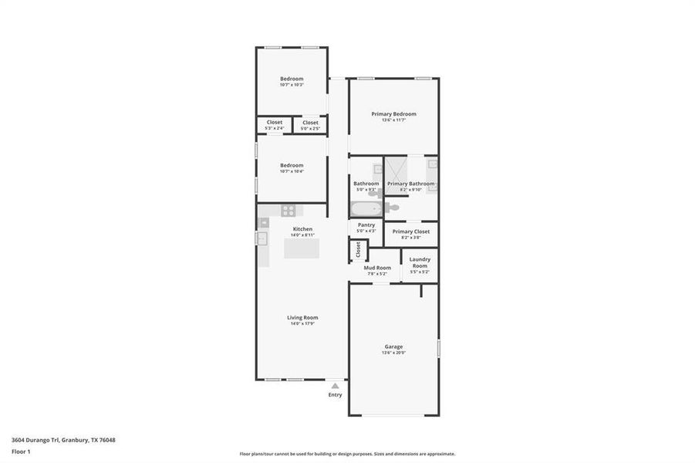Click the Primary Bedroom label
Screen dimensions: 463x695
[x=393, y=113]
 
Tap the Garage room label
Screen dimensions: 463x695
[x=393, y=346]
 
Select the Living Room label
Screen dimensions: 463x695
[x=302, y=317]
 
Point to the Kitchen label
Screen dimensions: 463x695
[x=302, y=228]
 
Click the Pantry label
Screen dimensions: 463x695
[x=366, y=225]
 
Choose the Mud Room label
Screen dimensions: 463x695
[x=377, y=268]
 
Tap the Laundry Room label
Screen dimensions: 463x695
[x=420, y=262]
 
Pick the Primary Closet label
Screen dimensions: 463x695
[x=411, y=231]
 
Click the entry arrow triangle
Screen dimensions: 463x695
[x=335, y=385]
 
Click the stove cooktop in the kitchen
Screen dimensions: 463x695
[x=288, y=210]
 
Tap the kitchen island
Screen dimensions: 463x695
[x=301, y=248]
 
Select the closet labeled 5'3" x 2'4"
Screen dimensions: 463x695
[x=275, y=124]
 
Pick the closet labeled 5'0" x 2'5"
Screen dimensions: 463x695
[x=310, y=124]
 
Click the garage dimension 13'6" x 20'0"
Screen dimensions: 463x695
[x=393, y=353]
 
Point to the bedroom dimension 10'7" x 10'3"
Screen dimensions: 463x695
[x=292, y=84]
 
